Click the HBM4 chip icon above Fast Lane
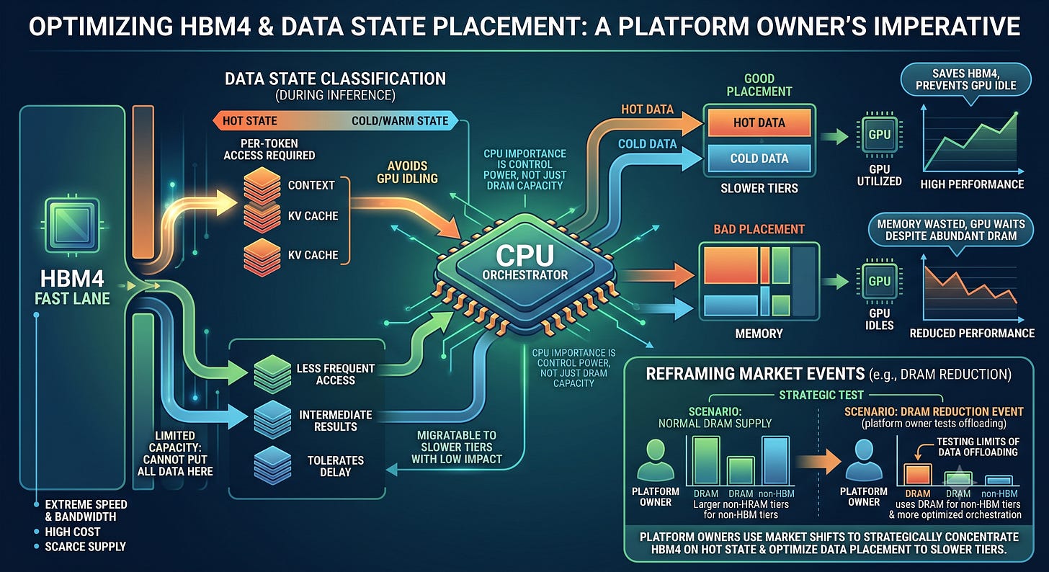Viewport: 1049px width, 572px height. (72, 225)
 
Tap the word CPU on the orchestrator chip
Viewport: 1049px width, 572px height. (524, 256)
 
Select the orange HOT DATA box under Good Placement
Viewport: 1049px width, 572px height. (759, 122)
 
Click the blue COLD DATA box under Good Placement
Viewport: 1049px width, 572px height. (759, 158)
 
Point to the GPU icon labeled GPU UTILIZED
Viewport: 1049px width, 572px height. (880, 135)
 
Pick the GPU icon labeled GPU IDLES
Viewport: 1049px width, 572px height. (880, 281)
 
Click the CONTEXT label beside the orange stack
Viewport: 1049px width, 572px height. (311, 185)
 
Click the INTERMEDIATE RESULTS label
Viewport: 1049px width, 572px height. (335, 421)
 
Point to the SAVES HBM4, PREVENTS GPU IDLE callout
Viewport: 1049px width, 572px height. (965, 80)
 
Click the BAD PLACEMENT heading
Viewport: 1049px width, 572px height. (759, 229)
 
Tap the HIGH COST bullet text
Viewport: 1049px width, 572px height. (73, 532)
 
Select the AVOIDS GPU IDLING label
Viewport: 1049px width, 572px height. (407, 172)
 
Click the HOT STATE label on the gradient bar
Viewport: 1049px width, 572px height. (249, 121)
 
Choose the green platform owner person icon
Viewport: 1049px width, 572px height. (655, 459)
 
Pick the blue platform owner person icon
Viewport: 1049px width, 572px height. (863, 459)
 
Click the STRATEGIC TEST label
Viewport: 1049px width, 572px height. (821, 395)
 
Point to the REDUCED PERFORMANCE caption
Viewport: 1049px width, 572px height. (972, 334)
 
